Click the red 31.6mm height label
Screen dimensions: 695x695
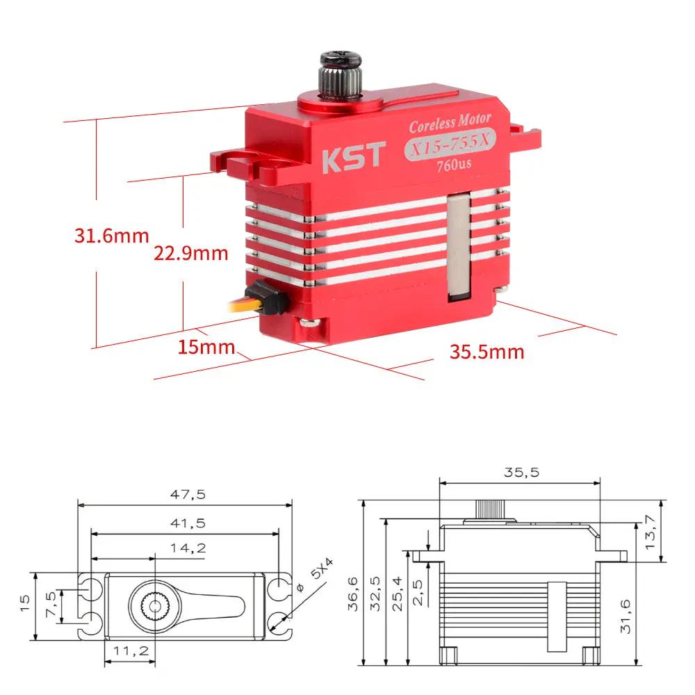pyautogui.click(x=111, y=236)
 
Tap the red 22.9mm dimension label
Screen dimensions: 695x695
pyautogui.click(x=190, y=253)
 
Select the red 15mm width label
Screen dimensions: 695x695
pyautogui.click(x=206, y=347)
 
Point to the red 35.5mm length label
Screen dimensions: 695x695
pyautogui.click(x=486, y=352)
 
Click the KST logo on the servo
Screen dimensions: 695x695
pyautogui.click(x=352, y=156)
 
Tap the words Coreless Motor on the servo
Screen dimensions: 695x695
pyautogui.click(x=450, y=124)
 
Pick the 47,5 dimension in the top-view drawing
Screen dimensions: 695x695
pyautogui.click(x=188, y=495)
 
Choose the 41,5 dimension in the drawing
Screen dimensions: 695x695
pyautogui.click(x=188, y=523)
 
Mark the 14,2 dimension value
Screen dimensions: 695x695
pyautogui.click(x=188, y=548)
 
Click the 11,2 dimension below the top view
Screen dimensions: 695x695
pyautogui.click(x=129, y=651)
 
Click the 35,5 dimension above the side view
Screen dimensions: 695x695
pyautogui.click(x=521, y=473)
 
